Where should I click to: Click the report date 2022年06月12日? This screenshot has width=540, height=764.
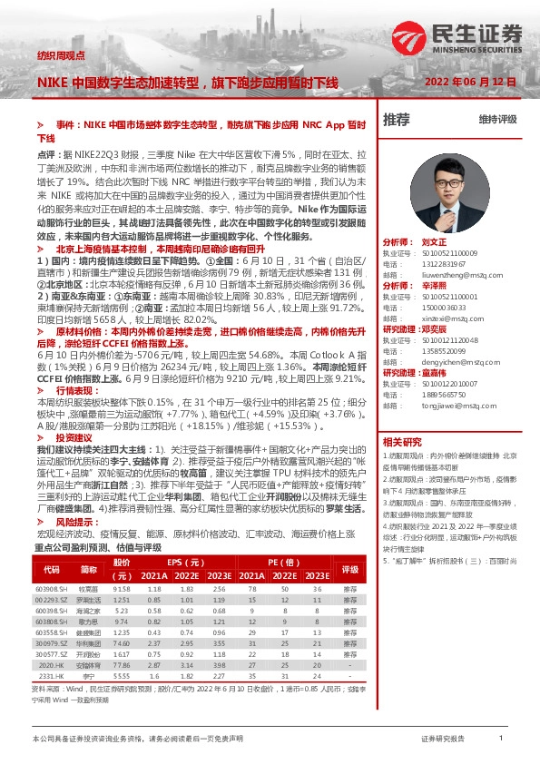[x=470, y=82]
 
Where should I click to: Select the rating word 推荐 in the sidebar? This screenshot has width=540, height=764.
[x=397, y=120]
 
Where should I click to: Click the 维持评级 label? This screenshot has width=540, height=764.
[x=497, y=120]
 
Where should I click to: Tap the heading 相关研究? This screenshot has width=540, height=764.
[x=401, y=442]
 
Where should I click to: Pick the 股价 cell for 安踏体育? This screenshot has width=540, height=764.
[x=122, y=665]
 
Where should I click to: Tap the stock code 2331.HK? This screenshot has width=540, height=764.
[x=51, y=675]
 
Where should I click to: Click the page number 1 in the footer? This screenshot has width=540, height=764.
[x=500, y=740]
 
